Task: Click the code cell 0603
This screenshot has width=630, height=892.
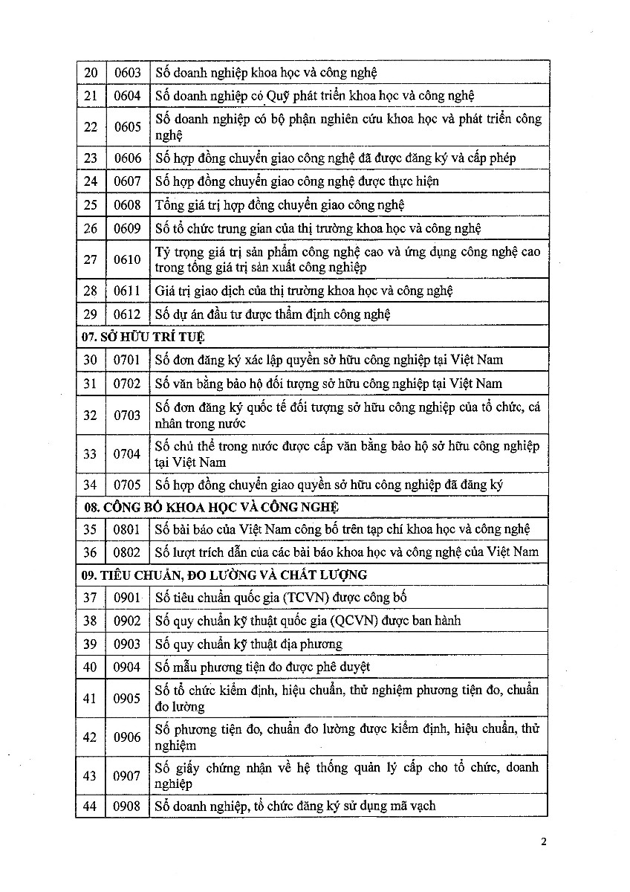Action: tap(127, 73)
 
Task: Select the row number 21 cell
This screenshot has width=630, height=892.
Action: tap(90, 96)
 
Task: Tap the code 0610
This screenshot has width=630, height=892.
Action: tap(127, 259)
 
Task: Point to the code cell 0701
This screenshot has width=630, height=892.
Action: tap(127, 360)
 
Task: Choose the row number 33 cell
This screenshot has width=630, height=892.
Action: tap(90, 454)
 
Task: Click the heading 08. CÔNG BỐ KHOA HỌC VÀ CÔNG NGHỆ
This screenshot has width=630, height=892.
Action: tap(210, 507)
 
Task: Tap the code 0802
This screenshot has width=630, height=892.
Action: tap(127, 552)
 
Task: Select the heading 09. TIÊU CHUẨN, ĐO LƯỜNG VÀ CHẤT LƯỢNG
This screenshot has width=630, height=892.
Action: tap(224, 575)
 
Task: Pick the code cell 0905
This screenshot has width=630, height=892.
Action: tap(127, 698)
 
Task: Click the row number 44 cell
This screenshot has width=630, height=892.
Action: tap(90, 806)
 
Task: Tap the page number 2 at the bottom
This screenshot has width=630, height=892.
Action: tap(544, 842)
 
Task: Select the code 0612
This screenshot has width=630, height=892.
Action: tap(127, 314)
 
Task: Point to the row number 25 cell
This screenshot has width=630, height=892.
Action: tap(90, 204)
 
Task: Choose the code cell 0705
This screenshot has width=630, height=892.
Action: tap(127, 485)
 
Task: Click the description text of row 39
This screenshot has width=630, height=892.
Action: tap(249, 644)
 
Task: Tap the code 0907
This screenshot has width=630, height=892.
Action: tap(127, 775)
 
